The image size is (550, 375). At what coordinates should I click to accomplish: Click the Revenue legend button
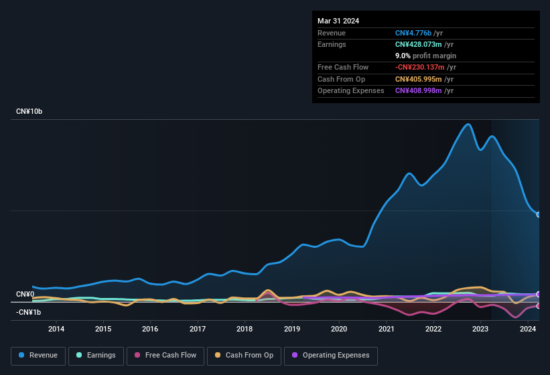pos(39,356)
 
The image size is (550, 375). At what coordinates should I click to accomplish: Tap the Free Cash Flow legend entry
pos(165,356)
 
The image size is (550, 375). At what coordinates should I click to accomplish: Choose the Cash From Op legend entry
pos(244,356)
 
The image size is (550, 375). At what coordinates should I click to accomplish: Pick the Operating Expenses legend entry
pos(331,356)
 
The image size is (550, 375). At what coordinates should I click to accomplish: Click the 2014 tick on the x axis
pos(56,329)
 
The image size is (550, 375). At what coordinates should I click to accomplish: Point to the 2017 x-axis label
pos(198,329)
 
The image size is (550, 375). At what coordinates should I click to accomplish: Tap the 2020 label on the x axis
pos(339,329)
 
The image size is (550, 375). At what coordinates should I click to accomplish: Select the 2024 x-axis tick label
pos(527,329)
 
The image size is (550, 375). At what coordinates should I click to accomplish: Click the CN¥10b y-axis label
pos(29,111)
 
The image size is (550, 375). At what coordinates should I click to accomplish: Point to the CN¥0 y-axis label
pos(25,294)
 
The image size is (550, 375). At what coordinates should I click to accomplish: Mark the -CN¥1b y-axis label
pos(28,312)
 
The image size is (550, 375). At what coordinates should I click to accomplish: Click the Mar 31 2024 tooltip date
pos(338,21)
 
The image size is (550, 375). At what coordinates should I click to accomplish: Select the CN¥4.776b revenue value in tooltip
pos(413,33)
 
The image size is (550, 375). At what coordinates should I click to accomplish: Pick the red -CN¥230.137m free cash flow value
pos(421,68)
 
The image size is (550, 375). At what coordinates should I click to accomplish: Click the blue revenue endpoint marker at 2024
pos(539,215)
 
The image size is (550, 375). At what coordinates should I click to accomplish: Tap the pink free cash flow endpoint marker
pos(539,306)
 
